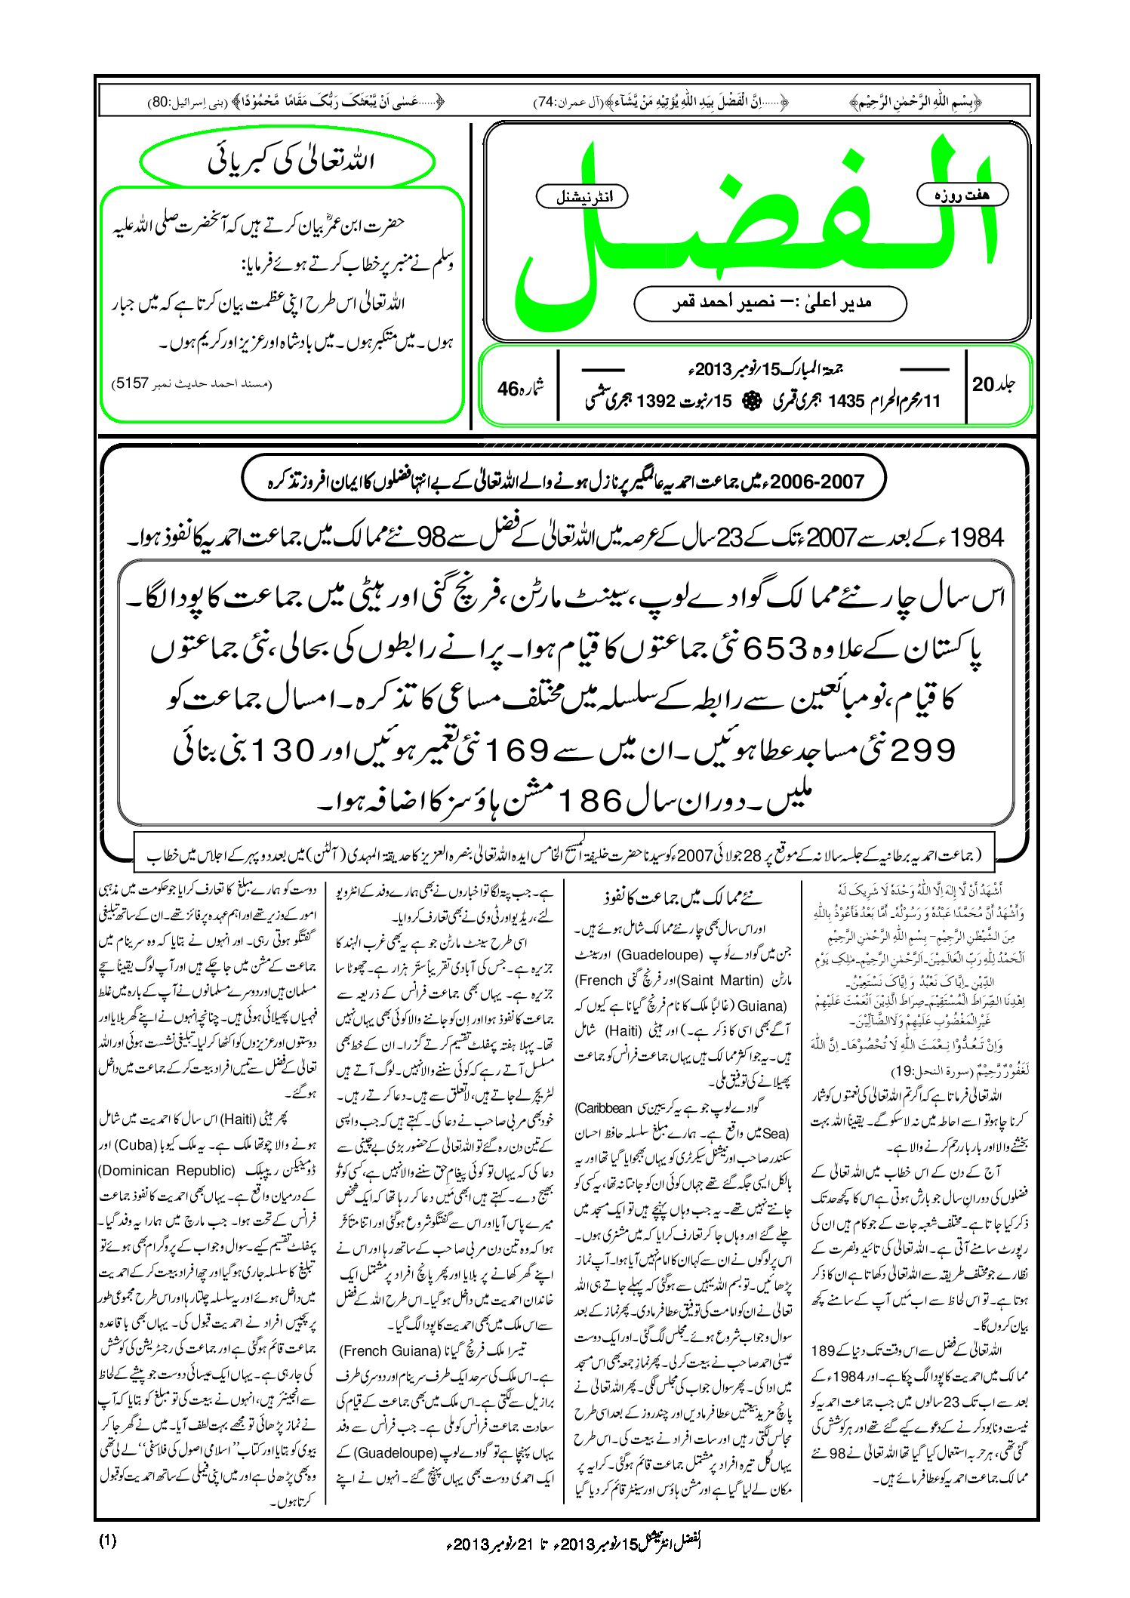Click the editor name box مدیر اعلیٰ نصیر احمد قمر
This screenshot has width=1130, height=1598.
click(770, 303)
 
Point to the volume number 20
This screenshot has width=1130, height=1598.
click(983, 384)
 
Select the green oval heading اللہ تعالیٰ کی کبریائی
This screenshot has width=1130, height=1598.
click(288, 162)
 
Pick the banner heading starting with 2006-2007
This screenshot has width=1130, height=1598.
click(562, 481)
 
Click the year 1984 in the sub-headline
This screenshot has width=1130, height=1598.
click(978, 538)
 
